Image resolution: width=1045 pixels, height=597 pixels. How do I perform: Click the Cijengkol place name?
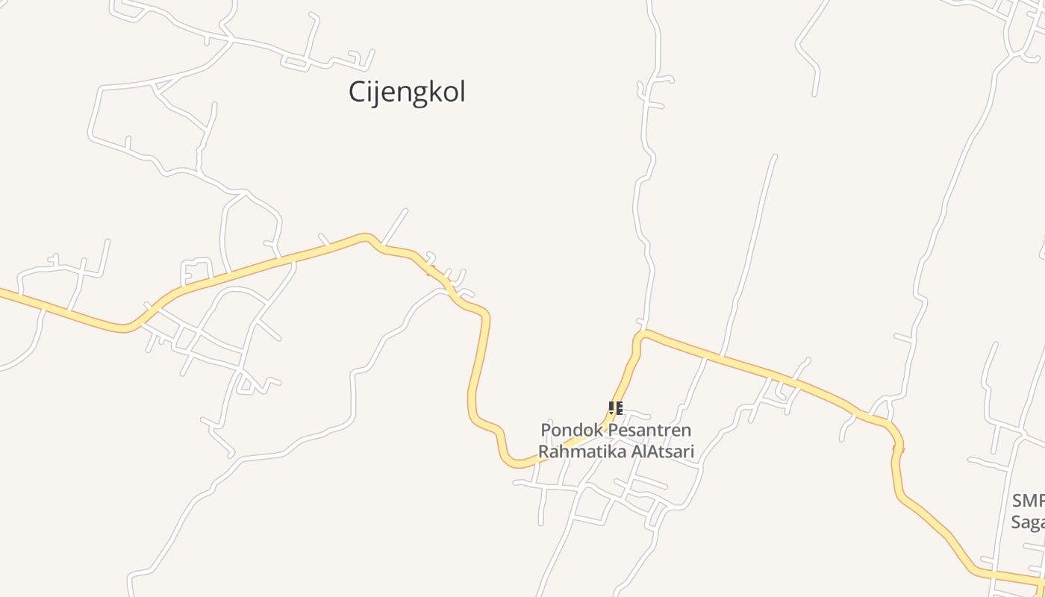(x=407, y=93)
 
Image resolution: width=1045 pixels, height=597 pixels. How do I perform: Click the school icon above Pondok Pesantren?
(x=615, y=408)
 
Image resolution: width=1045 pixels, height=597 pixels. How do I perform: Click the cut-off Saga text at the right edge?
(x=1029, y=521)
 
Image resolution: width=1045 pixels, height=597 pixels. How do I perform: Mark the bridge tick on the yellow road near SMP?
(x=898, y=448)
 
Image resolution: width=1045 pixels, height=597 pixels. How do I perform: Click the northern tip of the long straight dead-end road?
(x=774, y=157)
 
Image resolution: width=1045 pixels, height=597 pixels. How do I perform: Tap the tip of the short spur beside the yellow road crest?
(x=406, y=210)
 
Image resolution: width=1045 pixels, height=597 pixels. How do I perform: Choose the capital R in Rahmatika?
(x=545, y=451)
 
